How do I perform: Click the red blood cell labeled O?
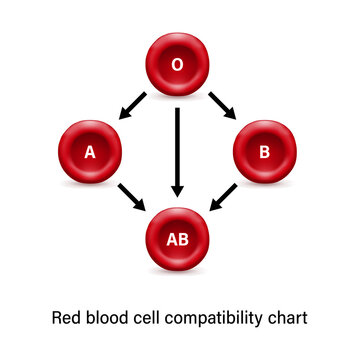[x=177, y=65]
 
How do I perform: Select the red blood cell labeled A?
[x=91, y=153]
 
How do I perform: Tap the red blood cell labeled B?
[x=264, y=153]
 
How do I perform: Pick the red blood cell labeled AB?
[x=177, y=240]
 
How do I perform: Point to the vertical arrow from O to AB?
[x=177, y=150]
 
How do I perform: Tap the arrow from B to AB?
[x=222, y=197]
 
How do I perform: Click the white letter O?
[x=177, y=65]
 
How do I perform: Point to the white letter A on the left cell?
[x=91, y=153]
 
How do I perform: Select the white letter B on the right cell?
[x=264, y=153]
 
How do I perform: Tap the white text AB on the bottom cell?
[x=177, y=240]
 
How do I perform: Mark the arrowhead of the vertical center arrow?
[x=177, y=189]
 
